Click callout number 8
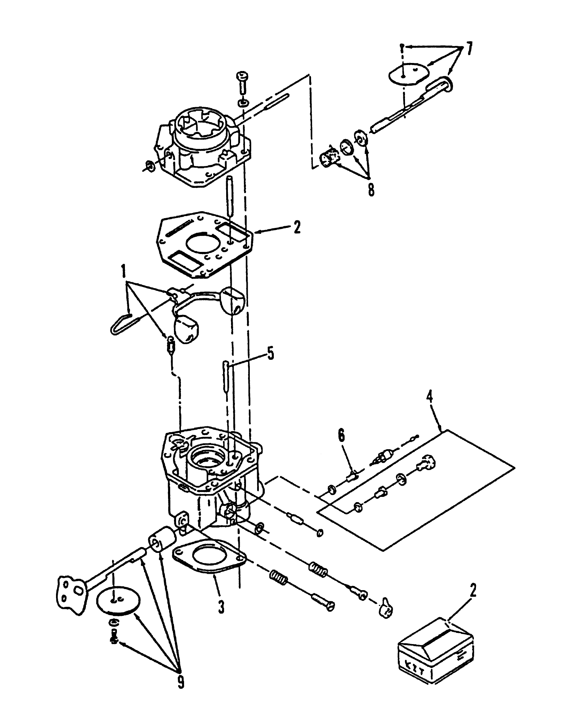pyautogui.click(x=371, y=190)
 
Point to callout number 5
pyautogui.click(x=270, y=354)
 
